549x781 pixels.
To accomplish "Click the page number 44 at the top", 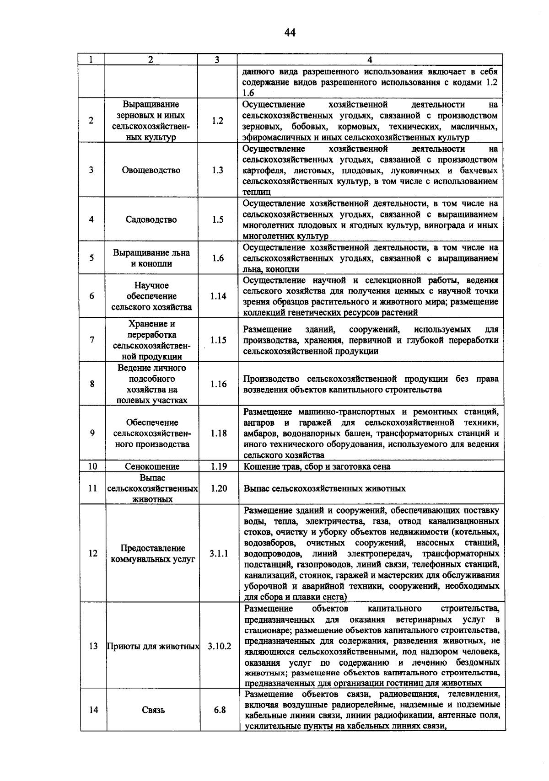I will pos(290,32).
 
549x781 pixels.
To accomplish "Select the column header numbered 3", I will pos(217,60).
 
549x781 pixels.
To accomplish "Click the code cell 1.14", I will pos(218,296).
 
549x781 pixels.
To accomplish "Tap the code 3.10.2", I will pos(219,646).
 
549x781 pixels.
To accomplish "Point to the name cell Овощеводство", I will pos(151,170).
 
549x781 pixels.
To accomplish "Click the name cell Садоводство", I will pos(151,219).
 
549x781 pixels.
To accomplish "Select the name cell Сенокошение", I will pos(152,466).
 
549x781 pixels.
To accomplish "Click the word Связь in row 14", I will pos(153,710).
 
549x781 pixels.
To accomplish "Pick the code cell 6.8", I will pos(220,710).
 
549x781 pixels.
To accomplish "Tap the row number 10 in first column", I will pos(92,466).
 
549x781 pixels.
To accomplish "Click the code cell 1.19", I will pos(219,466).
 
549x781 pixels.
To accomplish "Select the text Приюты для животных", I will pos(153,646).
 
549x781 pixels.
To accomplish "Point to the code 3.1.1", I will pos(219,553).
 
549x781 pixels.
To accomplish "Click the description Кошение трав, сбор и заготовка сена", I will pos(317,466).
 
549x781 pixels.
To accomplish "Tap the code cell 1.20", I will pos(219,488).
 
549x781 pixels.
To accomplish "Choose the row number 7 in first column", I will pos(92,340).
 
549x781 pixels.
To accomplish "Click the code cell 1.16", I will pos(219,384).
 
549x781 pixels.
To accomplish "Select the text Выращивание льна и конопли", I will pos(151,258).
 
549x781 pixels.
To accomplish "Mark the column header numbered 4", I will pos(370,60).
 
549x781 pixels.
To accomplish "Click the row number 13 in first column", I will pos(93,646).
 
